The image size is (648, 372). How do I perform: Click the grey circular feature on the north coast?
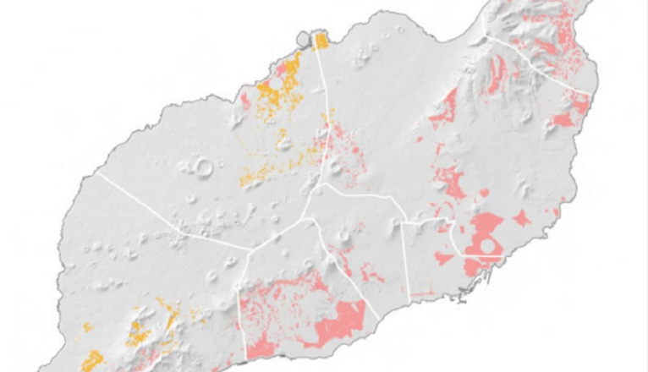[304, 39]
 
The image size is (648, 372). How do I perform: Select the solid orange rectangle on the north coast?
[321, 41]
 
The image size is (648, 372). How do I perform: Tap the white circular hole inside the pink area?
[487, 246]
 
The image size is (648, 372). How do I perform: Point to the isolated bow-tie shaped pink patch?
[521, 218]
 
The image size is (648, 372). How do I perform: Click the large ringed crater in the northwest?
[203, 168]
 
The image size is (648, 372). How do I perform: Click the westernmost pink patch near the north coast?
[245, 102]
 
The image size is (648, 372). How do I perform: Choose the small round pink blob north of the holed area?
[484, 193]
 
